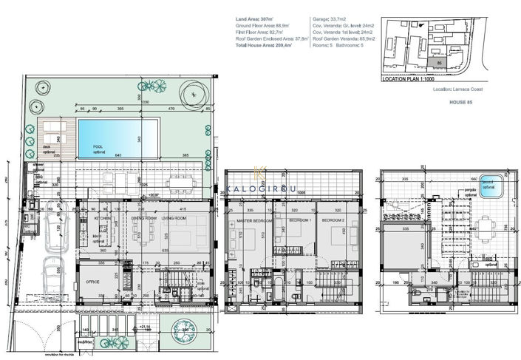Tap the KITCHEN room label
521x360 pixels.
pyautogui.click(x=103, y=219)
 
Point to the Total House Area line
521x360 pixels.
pyautogui.click(x=264, y=45)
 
